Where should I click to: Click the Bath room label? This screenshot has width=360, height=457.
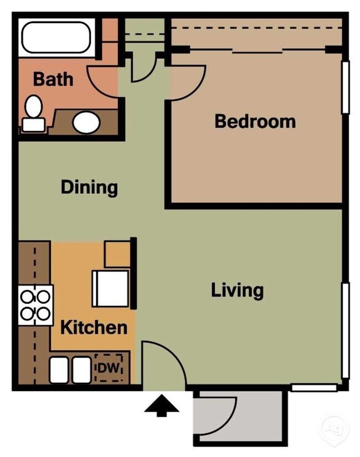coord(53,79)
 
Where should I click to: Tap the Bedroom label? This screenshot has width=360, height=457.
coord(255,121)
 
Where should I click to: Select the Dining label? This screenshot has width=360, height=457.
coord(89,187)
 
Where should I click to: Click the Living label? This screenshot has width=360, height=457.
coord(237,290)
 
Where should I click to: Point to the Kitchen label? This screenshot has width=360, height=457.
coord(93,327)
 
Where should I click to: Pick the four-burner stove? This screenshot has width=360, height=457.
coord(35,305)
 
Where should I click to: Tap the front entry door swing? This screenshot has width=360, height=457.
coord(165,362)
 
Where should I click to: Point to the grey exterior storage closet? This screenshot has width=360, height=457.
coord(238,418)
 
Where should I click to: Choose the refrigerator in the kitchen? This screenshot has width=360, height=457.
coord(110,288)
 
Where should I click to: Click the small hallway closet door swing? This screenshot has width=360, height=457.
coord(143,69)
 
